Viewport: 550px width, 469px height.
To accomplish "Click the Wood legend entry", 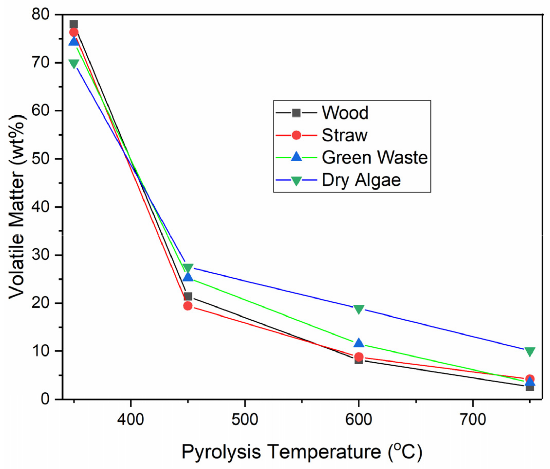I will (345, 113).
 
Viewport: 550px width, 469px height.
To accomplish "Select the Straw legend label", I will (344, 135).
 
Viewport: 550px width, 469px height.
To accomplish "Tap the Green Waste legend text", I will (375, 158).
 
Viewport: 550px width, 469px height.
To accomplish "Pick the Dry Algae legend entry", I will (361, 180).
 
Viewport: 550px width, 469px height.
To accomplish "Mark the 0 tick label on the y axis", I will (45, 399).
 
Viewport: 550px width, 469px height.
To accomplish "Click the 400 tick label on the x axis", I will (131, 420).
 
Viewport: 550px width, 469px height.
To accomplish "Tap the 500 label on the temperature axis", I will (245, 420).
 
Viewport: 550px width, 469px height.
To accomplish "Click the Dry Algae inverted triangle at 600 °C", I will (359, 309).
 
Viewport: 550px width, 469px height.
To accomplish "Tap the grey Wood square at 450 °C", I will (188, 296).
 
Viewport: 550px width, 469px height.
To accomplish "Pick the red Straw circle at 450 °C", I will (188, 306).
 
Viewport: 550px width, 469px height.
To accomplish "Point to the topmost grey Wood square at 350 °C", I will (74, 24).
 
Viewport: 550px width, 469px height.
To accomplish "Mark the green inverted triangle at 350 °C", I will (74, 64).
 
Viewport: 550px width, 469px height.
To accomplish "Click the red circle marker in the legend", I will (296, 135).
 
